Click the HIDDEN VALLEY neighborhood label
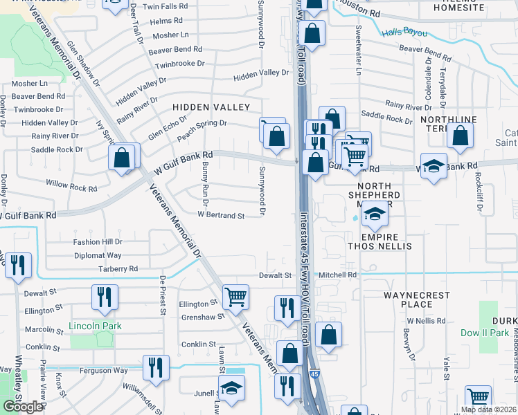click(211, 107)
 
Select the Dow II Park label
click(484, 333)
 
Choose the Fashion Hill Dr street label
click(98, 242)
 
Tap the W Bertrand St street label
click(221, 216)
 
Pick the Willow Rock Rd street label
click(71, 187)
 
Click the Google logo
click(22, 407)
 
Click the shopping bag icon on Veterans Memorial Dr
click(122, 157)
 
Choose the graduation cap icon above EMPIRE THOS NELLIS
click(374, 214)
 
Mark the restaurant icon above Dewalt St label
click(18, 265)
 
